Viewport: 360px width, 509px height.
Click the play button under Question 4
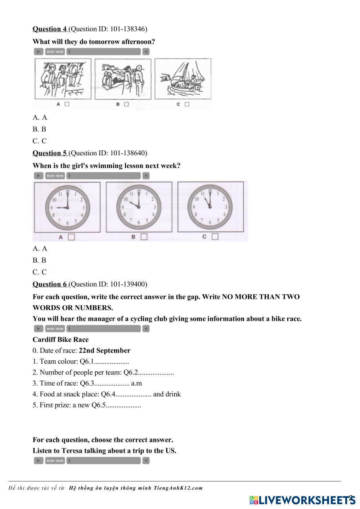click(39, 52)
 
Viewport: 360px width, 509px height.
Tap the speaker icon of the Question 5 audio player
click(146, 176)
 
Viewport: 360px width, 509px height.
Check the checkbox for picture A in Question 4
click(67, 104)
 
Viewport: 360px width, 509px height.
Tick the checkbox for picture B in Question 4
click(126, 104)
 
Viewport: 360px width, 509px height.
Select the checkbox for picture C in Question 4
click(187, 104)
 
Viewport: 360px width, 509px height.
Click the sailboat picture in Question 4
click(183, 79)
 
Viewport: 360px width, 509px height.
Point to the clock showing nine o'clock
click(67, 208)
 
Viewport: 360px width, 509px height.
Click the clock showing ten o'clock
click(139, 208)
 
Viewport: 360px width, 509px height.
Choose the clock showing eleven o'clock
click(210, 208)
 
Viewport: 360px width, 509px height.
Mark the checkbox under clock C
click(215, 237)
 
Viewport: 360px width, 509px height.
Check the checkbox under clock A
click(71, 237)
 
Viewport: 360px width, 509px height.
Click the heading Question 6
click(50, 284)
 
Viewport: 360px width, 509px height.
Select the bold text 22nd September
click(104, 350)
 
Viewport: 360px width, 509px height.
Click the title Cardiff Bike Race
click(60, 340)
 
